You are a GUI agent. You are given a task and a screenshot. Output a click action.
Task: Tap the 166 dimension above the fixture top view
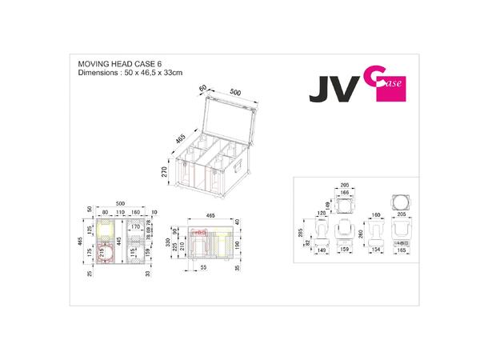click(345, 192)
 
